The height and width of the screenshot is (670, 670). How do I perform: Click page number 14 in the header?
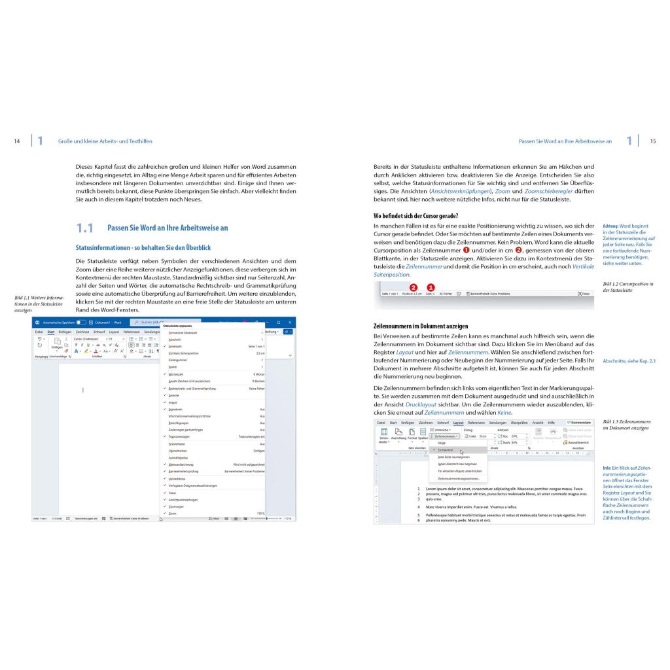[17, 141]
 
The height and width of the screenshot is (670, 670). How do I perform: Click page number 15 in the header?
[652, 141]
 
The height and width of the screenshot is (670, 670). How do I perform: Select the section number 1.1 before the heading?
[85, 228]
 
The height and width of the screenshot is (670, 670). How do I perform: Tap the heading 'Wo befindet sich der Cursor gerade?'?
[415, 215]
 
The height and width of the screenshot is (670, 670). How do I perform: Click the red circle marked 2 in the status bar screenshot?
[413, 287]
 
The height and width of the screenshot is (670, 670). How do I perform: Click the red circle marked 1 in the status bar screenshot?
[431, 287]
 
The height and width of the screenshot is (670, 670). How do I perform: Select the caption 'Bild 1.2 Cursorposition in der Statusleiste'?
[627, 286]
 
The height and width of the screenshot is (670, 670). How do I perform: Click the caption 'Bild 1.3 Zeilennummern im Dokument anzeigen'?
[626, 425]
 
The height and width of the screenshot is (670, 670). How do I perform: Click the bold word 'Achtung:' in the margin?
[610, 226]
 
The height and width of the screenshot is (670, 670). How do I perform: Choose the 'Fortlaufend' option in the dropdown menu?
[447, 450]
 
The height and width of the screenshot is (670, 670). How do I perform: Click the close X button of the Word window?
[289, 323]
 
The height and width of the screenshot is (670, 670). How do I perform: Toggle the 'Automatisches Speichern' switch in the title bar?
[81, 323]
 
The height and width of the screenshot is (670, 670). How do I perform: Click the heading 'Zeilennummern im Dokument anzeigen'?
[421, 326]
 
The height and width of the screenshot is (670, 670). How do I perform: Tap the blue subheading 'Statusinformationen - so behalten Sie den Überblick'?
[143, 248]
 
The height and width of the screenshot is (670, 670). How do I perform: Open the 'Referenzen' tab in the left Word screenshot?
[132, 332]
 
